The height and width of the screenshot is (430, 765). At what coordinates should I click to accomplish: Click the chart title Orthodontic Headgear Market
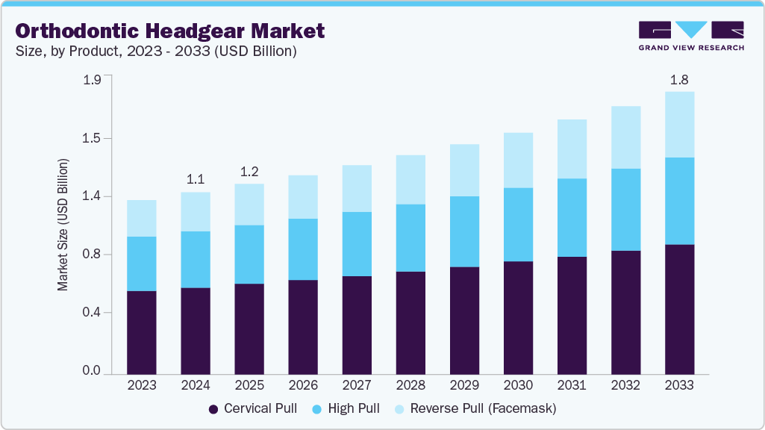[170, 31]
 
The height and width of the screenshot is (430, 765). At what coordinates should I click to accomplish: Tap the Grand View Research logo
[691, 35]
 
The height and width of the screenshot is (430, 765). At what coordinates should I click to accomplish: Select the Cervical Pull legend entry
[253, 408]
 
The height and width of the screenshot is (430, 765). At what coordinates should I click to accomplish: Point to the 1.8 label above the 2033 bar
[679, 79]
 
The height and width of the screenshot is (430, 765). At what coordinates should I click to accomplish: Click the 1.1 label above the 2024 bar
[196, 179]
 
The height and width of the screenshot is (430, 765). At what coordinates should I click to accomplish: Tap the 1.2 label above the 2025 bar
[249, 171]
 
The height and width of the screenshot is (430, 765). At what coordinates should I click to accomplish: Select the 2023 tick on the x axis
[142, 385]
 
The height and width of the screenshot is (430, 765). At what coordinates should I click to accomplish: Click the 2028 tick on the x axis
[410, 385]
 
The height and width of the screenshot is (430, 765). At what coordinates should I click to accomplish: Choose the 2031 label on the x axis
[572, 385]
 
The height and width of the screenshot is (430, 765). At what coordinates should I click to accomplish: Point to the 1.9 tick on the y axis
[91, 81]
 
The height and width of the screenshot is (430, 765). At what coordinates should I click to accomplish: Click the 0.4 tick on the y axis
[91, 312]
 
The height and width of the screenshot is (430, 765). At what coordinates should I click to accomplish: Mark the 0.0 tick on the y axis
[91, 370]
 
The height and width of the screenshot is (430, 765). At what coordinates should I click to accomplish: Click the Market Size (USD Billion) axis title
[63, 225]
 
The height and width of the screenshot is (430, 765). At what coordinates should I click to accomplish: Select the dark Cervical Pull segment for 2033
[679, 309]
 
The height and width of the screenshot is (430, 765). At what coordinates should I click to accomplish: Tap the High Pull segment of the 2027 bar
[357, 244]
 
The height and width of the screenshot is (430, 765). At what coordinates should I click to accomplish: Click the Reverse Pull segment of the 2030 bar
[518, 161]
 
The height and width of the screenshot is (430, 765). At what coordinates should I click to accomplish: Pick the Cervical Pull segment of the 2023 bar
[142, 332]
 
